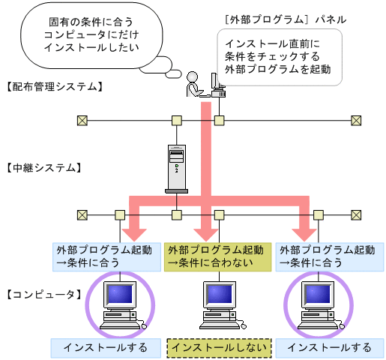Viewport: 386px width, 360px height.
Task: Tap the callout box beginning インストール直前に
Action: (x=279, y=56)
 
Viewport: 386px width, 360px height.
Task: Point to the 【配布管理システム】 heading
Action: (x=52, y=86)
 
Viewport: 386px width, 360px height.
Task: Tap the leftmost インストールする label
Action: (x=105, y=347)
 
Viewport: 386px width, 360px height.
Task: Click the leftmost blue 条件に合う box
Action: (x=105, y=256)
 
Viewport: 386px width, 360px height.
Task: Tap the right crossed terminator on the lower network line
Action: (x=357, y=214)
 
